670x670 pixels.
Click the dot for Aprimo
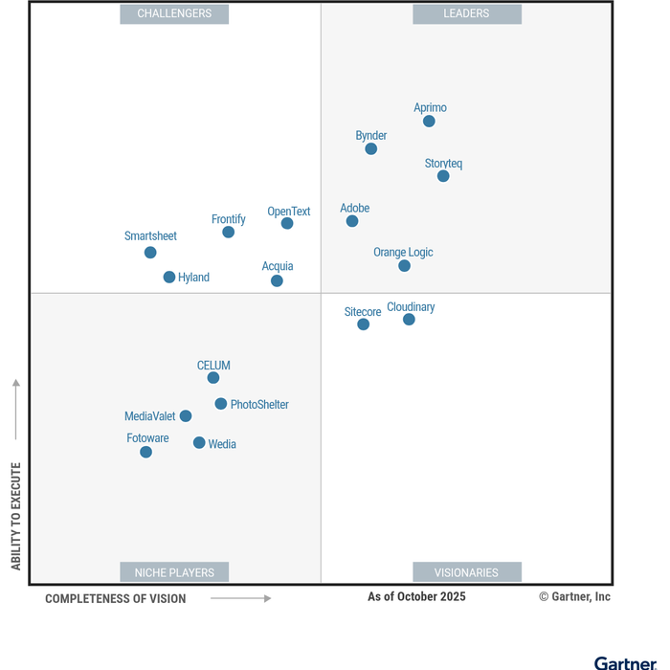pyautogui.click(x=429, y=122)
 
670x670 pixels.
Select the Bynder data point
pyautogui.click(x=371, y=148)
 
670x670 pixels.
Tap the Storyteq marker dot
pyautogui.click(x=443, y=176)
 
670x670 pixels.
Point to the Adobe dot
pyautogui.click(x=352, y=221)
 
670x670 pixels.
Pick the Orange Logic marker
pyautogui.click(x=404, y=265)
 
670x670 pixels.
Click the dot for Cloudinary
pyautogui.click(x=409, y=320)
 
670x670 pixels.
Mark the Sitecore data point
pyautogui.click(x=363, y=324)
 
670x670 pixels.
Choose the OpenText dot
pyautogui.click(x=287, y=223)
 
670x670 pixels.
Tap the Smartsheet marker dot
pyautogui.click(x=150, y=253)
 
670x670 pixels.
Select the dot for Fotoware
pyautogui.click(x=145, y=452)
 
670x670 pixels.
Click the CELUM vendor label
pyautogui.click(x=213, y=366)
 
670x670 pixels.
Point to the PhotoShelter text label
pyautogui.click(x=259, y=405)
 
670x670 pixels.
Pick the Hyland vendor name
pyautogui.click(x=193, y=278)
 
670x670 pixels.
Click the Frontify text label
pyautogui.click(x=229, y=219)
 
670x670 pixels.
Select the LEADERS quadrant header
pyautogui.click(x=467, y=13)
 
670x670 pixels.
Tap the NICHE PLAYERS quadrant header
pyautogui.click(x=174, y=572)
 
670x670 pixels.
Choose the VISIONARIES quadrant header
pyautogui.click(x=467, y=572)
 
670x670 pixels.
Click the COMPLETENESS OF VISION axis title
pyautogui.click(x=116, y=599)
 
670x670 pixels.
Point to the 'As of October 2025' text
pyautogui.click(x=416, y=597)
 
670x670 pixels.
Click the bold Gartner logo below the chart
pyautogui.click(x=625, y=662)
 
